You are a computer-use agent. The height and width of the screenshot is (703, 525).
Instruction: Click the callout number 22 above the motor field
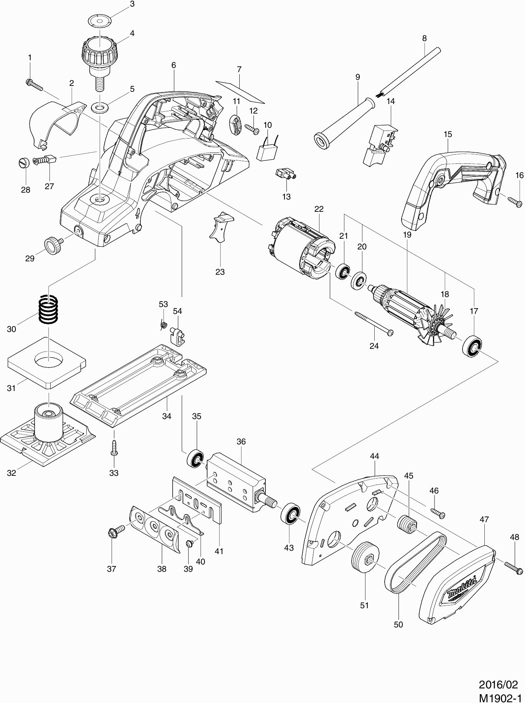pyautogui.click(x=319, y=209)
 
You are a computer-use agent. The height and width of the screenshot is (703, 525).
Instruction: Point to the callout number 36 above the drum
pyautogui.click(x=241, y=442)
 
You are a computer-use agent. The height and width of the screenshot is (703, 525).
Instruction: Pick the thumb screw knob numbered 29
pyautogui.click(x=52, y=244)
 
